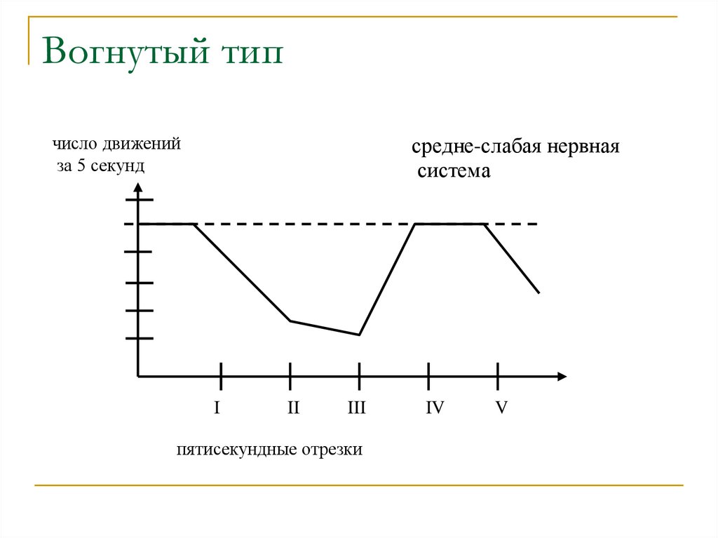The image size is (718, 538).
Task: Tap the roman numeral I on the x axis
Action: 217,408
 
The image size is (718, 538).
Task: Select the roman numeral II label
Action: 293,408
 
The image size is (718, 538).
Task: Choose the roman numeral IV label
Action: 435,408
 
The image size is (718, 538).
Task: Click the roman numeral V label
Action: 501,408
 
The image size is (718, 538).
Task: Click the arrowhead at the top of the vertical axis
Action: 138,187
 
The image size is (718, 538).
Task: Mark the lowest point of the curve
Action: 359,335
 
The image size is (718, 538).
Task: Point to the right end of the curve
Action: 539,292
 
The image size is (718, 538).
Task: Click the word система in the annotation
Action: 454,171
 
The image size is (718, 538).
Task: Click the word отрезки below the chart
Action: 332,450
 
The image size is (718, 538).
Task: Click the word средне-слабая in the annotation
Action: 476,148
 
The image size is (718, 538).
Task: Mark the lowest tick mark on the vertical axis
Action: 138,338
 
